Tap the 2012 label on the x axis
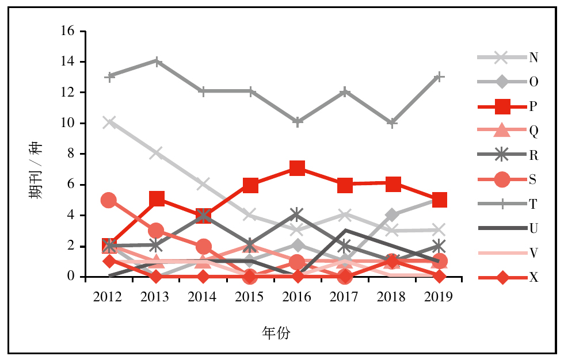108,297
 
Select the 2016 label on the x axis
297,297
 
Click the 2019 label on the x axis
439,297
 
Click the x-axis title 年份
276,333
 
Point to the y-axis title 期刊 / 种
36,170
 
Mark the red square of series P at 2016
297,168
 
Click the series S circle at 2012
108,200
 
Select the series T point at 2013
155,62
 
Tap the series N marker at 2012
108,122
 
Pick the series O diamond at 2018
392,215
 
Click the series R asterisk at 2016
297,215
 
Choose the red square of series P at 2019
440,200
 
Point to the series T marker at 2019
440,76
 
